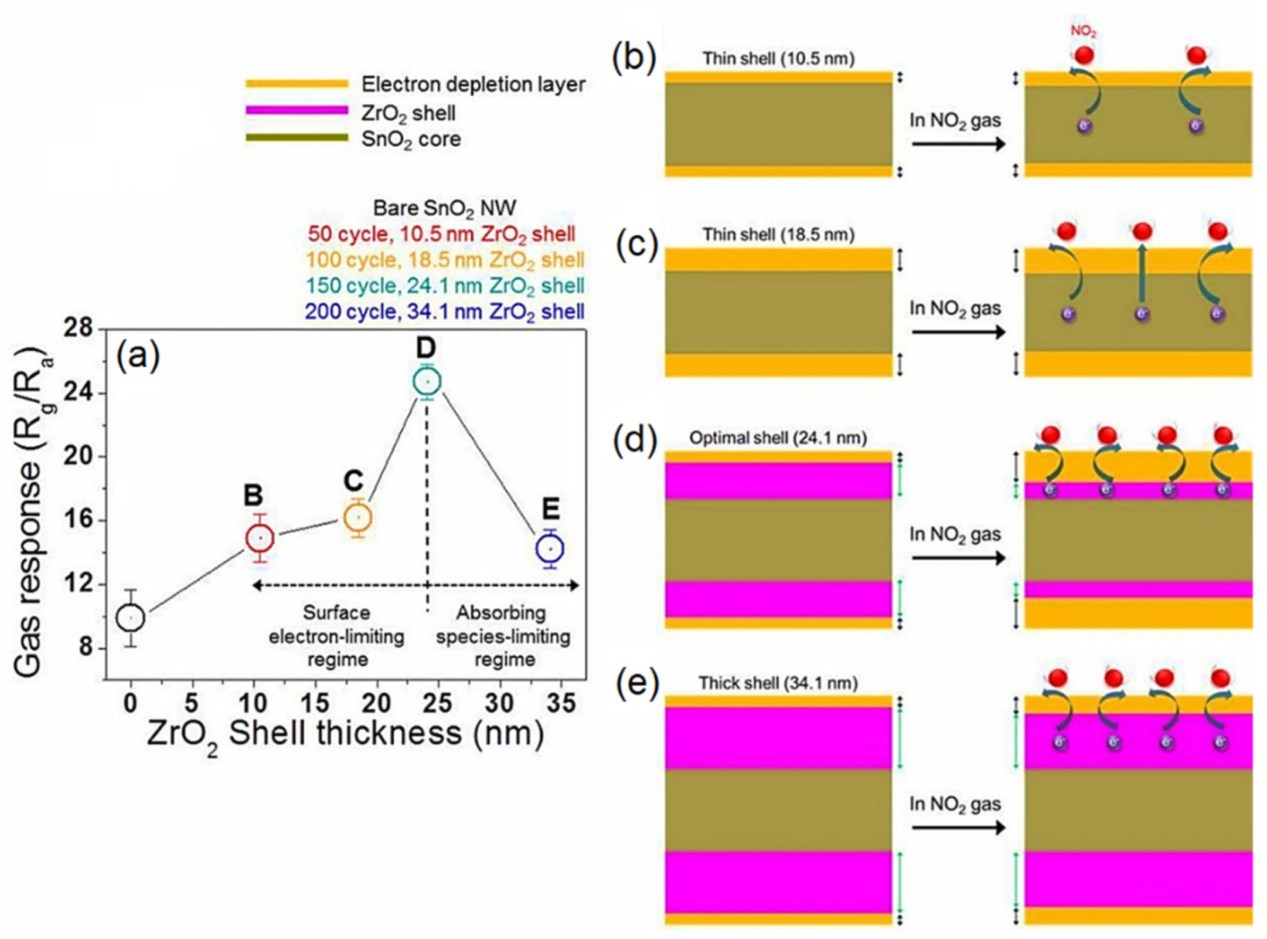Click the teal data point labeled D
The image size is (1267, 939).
coord(427,382)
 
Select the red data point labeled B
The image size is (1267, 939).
coord(260,538)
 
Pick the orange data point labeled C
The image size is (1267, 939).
coord(358,518)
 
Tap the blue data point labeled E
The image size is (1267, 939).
coord(550,549)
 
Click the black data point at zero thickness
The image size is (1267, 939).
coord(131,618)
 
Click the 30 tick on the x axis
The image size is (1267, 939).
coord(500,702)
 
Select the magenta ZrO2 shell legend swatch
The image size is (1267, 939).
coord(297,110)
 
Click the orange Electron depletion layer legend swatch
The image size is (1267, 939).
coord(297,84)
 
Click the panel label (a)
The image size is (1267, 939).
coord(138,356)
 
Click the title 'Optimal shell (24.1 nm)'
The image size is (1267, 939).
coord(778,438)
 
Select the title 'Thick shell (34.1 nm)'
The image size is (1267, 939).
coord(778,683)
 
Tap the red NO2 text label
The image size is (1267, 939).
coord(1083,31)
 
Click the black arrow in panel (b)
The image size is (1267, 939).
coord(958,144)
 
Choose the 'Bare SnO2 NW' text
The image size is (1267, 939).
coord(445,208)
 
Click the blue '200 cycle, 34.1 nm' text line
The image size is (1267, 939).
coord(445,311)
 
